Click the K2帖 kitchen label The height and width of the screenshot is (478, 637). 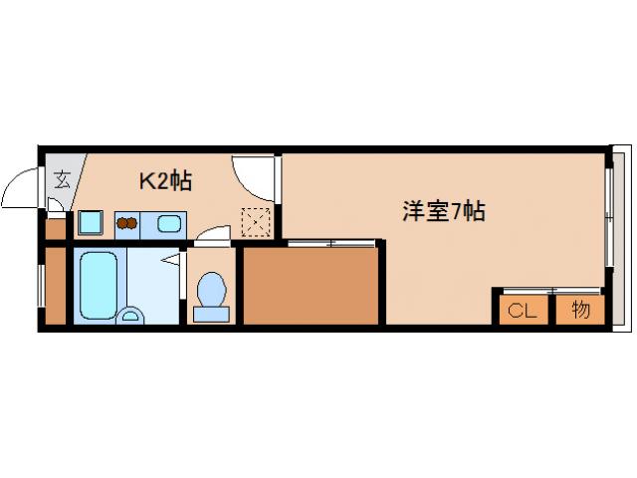(x=164, y=181)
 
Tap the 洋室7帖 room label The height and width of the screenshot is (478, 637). (x=444, y=211)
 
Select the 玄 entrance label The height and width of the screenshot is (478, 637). (x=62, y=180)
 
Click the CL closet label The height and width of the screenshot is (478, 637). (x=522, y=310)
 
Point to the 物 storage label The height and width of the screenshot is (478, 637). (x=581, y=309)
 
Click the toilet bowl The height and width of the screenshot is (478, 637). (x=211, y=295)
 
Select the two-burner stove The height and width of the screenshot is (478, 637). (x=126, y=223)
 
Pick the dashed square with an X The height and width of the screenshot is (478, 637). (x=256, y=222)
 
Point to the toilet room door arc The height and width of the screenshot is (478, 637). (x=211, y=235)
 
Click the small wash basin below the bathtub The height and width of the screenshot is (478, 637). (x=130, y=317)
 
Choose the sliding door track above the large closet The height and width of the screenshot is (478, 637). (x=331, y=242)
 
